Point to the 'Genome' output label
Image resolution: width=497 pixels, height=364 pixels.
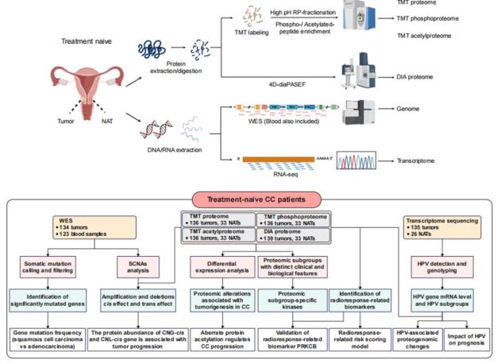[x=406, y=115]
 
